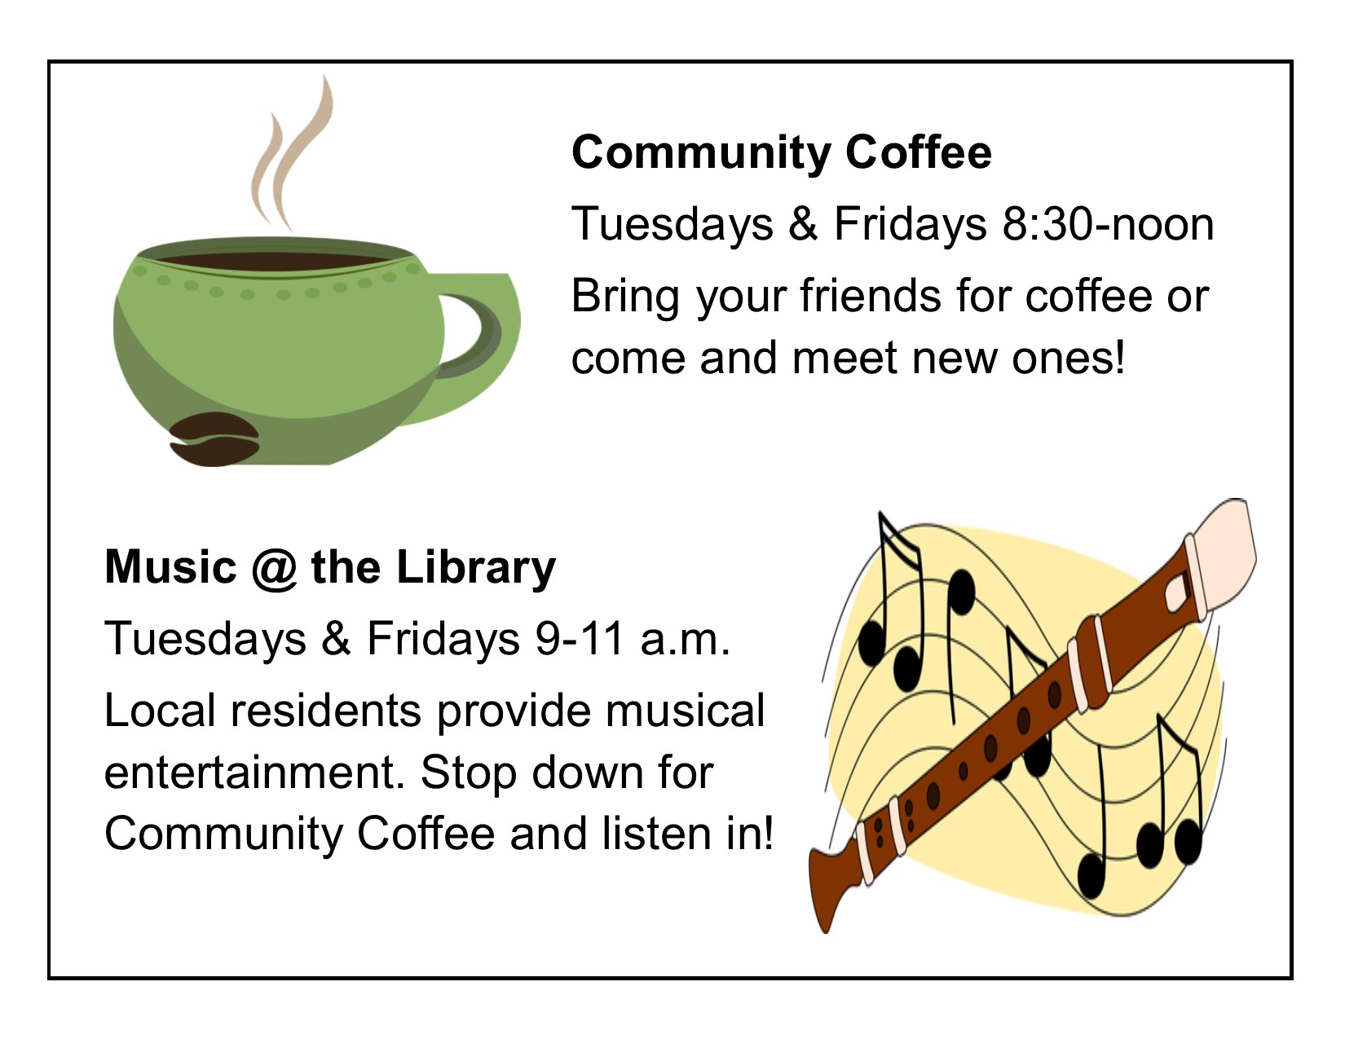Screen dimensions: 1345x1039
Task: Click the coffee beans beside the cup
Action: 214,438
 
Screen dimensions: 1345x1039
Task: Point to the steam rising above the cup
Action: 291,155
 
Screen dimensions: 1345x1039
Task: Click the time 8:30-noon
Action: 1108,224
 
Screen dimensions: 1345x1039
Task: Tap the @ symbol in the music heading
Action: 274,568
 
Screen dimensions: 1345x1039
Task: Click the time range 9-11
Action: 580,639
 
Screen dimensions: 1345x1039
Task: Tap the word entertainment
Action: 254,773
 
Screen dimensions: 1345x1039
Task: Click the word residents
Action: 326,711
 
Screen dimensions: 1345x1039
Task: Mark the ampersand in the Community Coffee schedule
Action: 804,224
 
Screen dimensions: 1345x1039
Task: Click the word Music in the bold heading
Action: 171,568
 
